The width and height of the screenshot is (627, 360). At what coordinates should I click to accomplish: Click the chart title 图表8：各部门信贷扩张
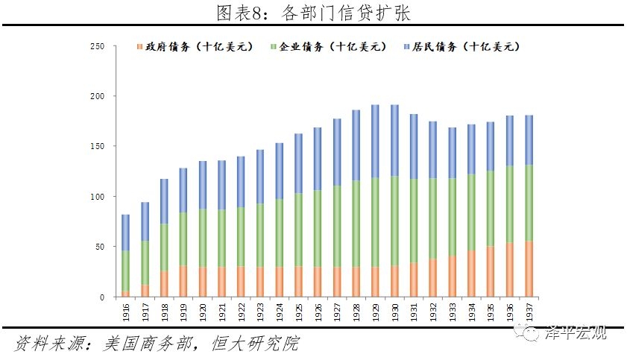coord(313,13)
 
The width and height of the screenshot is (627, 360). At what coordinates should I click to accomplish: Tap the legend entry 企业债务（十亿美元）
coord(329,47)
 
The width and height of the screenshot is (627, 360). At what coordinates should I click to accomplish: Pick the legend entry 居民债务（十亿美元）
coord(461,47)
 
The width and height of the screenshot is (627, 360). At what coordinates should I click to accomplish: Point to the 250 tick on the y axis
coord(97,46)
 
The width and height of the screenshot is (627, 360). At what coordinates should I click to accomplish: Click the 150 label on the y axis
coord(97,146)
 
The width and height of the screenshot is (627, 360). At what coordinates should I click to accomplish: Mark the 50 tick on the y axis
coord(99,247)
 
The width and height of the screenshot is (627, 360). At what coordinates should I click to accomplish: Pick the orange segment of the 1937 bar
coord(529,268)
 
